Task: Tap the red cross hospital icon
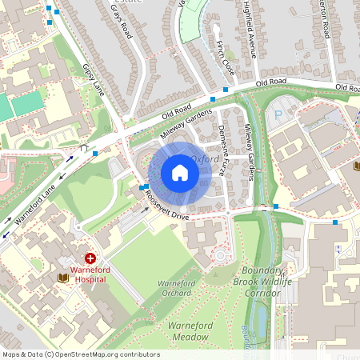(90, 259)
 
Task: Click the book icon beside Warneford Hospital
(62, 278)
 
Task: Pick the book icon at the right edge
(356, 166)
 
